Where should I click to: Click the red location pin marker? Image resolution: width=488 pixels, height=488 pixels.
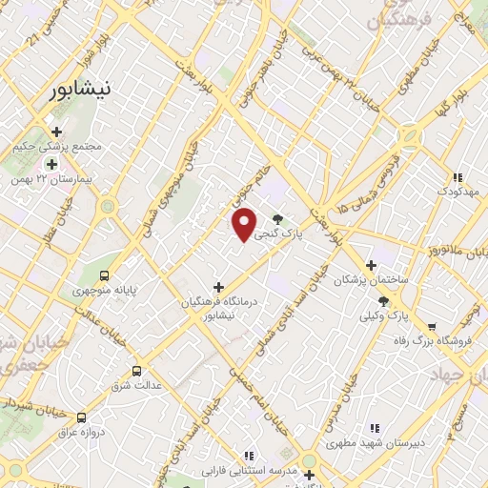coord(245,225)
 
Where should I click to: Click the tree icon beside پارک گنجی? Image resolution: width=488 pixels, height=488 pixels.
coord(277,218)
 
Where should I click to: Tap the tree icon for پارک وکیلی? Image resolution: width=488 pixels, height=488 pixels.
coord(383,300)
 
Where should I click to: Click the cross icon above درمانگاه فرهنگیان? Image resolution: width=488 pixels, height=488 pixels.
coord(219,286)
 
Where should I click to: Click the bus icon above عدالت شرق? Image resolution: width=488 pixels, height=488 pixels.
coord(137,371)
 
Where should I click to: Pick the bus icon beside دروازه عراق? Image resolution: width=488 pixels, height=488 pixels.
coord(81,417)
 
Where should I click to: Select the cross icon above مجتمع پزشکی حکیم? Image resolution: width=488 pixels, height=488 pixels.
coord(56,132)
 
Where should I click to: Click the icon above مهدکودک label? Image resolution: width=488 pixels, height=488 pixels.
coord(457,176)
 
